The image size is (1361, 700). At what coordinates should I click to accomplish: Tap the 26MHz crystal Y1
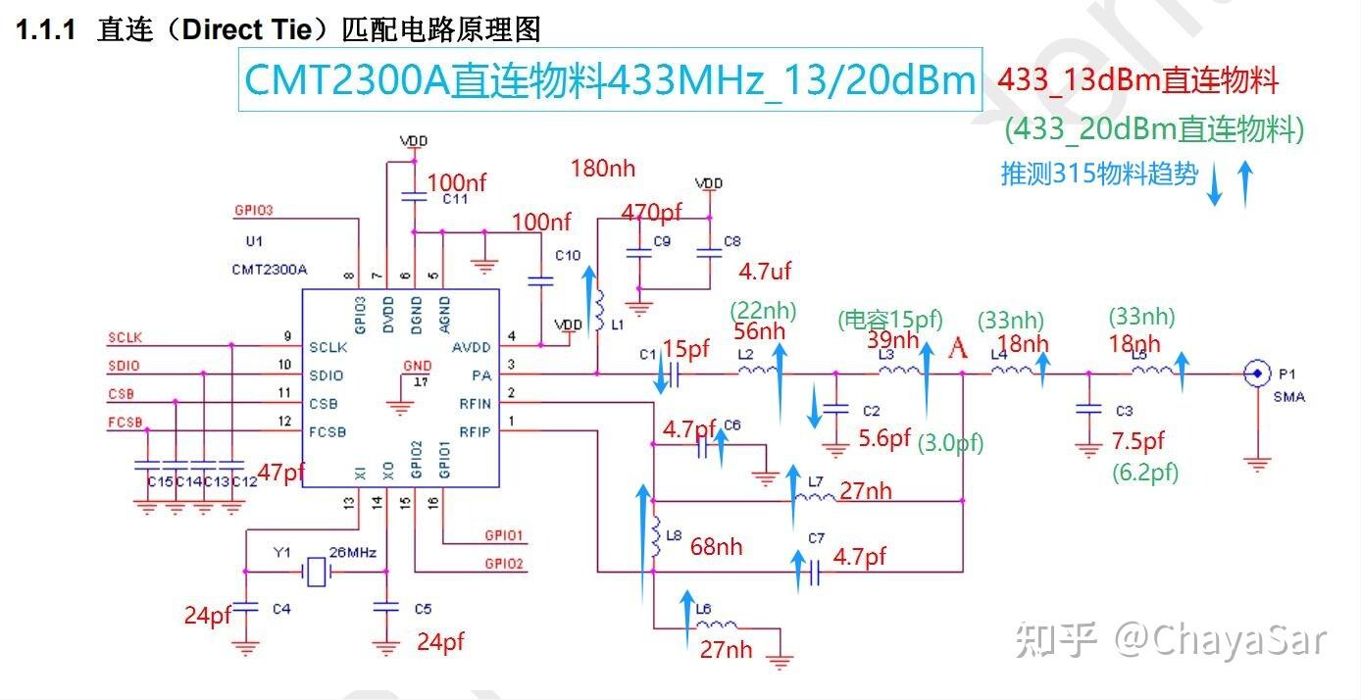click(x=316, y=572)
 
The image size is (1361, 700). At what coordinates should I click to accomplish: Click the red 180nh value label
click(x=603, y=169)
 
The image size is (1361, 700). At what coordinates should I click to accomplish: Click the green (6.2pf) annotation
click(x=1145, y=473)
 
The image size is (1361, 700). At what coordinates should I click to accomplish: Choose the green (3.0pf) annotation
click(x=950, y=444)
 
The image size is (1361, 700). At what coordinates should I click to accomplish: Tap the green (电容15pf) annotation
click(x=889, y=319)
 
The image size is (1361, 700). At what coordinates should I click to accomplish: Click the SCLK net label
click(x=125, y=337)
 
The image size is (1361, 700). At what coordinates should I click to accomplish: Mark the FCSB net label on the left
click(x=126, y=423)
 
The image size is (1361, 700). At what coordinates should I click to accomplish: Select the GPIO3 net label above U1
click(x=253, y=210)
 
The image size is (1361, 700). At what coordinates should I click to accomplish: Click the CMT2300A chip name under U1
click(x=270, y=269)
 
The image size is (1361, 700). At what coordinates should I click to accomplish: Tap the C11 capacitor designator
click(x=454, y=199)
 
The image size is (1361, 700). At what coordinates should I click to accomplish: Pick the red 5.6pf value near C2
click(x=884, y=437)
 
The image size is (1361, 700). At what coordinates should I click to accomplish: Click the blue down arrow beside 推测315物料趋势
click(x=1215, y=185)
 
